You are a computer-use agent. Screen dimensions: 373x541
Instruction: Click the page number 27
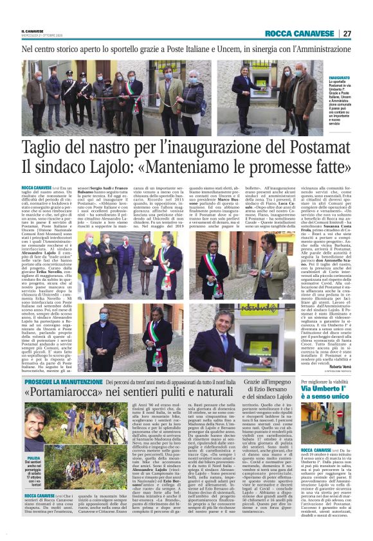[346, 33]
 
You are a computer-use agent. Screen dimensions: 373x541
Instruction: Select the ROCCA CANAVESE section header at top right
[300, 33]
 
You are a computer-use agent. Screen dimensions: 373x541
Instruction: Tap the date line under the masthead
[41, 36]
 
